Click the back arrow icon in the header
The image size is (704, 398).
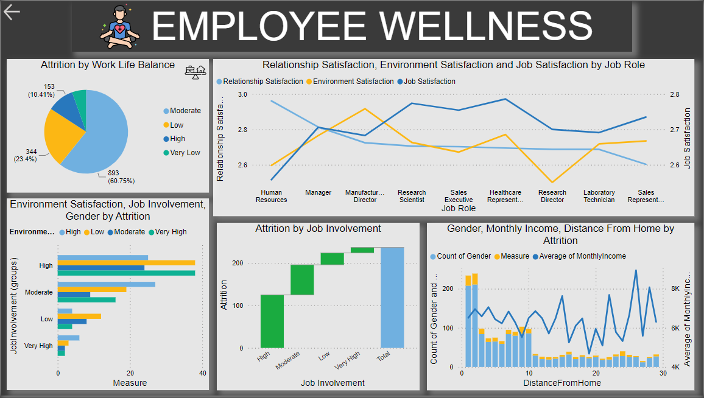pos(12,12)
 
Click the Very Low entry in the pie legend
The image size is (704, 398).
pos(185,153)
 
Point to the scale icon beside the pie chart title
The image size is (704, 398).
pos(195,72)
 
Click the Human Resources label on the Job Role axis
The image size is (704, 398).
pos(271,196)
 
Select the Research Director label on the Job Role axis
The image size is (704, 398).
pos(552,196)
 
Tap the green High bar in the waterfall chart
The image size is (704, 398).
pos(272,321)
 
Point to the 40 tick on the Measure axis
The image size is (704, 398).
pos(202,373)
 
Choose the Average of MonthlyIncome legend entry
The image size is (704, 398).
pos(582,256)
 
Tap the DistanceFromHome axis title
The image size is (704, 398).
pos(561,383)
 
